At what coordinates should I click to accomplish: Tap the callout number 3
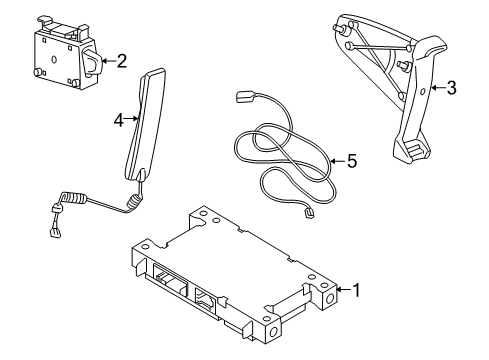451,88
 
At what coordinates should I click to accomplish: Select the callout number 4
118,120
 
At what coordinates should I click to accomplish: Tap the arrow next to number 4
131,120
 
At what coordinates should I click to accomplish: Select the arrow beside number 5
335,159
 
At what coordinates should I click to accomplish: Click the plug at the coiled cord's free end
51,233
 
